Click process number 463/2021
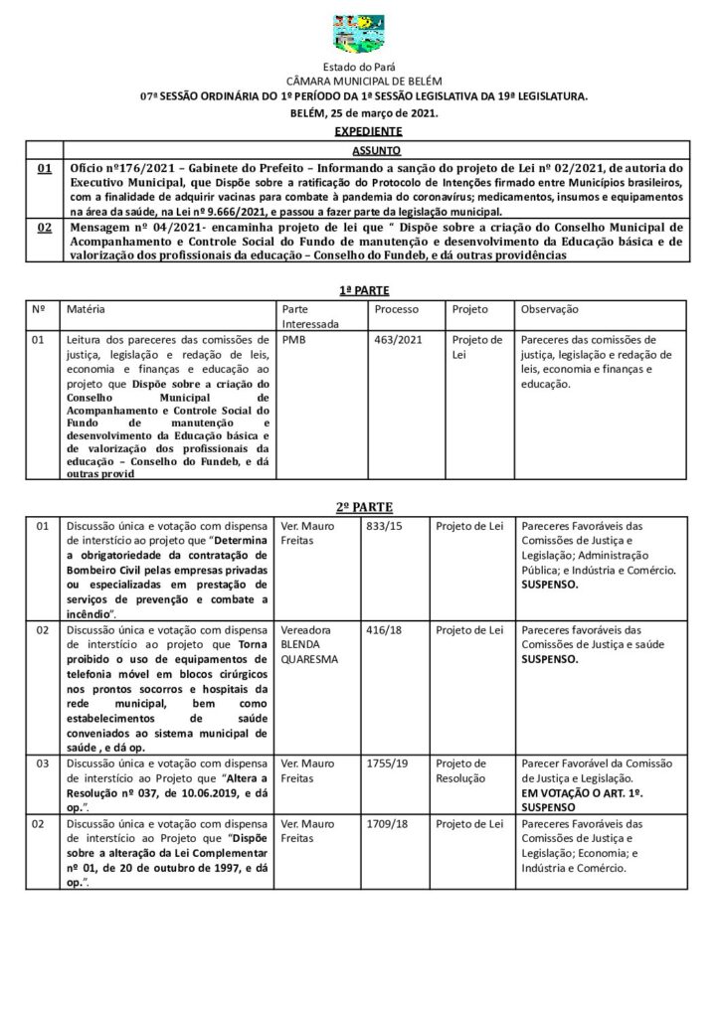point(394,340)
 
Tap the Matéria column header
point(87,309)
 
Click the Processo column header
point(396,309)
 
